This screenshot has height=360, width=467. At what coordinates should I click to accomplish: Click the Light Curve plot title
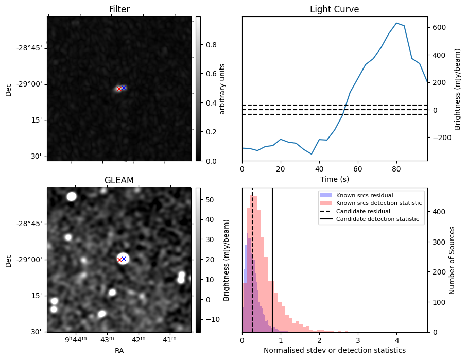point(334,9)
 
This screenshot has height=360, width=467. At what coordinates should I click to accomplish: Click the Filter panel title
point(119,9)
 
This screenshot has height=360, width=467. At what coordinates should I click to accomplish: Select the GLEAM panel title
point(119,180)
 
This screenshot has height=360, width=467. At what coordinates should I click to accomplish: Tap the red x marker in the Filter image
point(119,89)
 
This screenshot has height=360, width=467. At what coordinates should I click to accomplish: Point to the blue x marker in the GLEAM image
point(124,259)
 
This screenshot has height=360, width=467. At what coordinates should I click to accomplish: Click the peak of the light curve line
point(396,23)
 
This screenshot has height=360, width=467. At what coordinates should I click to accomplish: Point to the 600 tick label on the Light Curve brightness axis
point(438,28)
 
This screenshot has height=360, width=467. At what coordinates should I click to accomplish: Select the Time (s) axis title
point(334,179)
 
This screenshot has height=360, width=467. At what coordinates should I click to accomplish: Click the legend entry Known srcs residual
point(365,195)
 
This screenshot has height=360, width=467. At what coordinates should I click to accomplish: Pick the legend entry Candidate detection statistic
point(377,219)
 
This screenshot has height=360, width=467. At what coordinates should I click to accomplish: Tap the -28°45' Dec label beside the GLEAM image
point(31,224)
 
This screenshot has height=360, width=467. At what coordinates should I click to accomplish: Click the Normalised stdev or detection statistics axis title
point(334,350)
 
